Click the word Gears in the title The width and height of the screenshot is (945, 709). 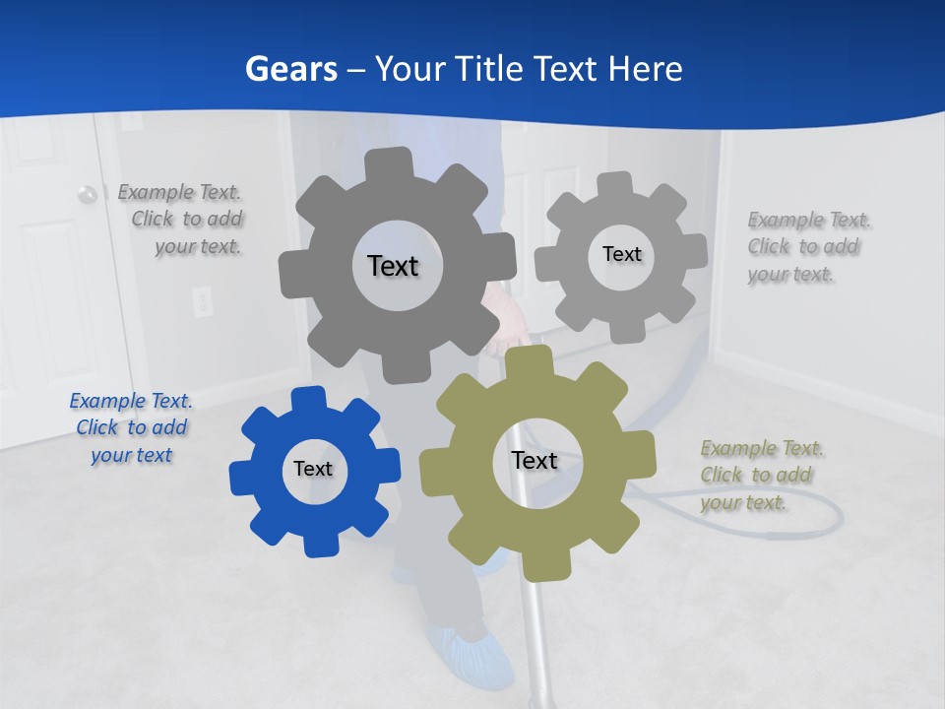pos(290,69)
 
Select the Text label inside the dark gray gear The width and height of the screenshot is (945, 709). pos(393,266)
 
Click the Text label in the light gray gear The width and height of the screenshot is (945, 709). pos(621,254)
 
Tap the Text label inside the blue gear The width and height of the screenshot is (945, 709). pos(313,469)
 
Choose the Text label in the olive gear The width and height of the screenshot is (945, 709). pos(535,460)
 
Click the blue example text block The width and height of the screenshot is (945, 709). pos(131,427)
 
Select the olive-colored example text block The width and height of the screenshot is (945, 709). pos(761,475)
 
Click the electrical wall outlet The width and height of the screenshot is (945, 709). pos(202,300)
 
